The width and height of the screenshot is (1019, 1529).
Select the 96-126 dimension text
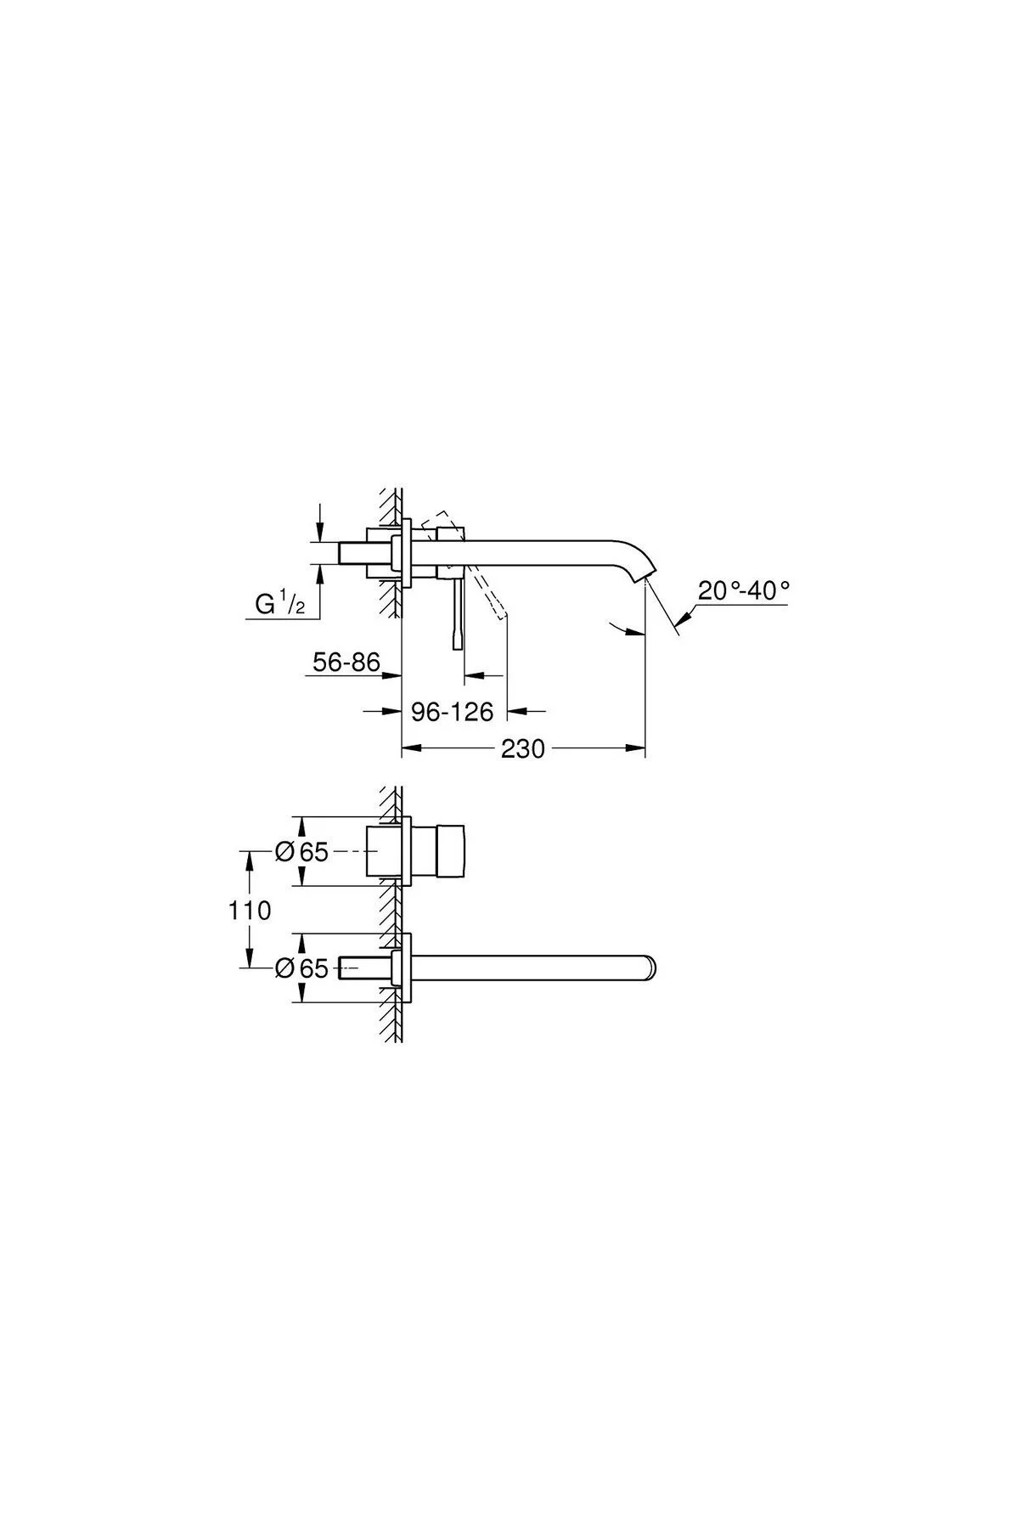(x=452, y=712)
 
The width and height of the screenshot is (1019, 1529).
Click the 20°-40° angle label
(x=744, y=590)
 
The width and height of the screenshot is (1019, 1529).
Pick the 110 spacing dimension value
(x=250, y=911)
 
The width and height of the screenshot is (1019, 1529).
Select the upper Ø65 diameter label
(x=302, y=851)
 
